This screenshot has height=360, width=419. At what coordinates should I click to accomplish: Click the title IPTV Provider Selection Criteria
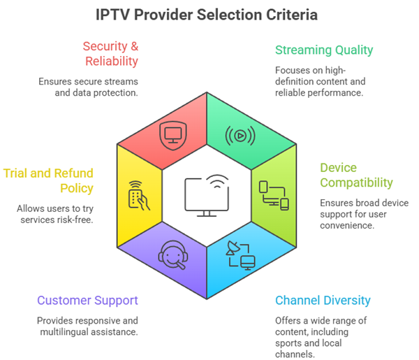209,14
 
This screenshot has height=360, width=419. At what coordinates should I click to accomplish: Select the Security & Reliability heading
110,54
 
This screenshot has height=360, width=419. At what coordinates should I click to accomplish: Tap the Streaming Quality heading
324,50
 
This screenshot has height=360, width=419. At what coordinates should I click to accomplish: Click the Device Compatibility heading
357,175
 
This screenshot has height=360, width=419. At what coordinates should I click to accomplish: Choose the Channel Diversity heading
323,301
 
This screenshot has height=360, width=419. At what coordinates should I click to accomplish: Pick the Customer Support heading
87,301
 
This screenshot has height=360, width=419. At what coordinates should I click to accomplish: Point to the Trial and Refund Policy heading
48,180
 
